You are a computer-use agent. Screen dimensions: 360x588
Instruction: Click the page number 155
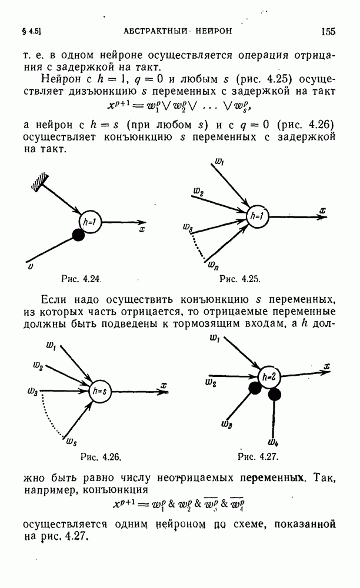(328, 32)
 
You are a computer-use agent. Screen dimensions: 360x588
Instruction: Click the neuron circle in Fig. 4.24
(91, 222)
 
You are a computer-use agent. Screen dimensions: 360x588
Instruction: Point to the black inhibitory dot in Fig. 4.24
(78, 235)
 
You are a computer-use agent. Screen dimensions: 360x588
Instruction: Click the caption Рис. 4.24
(81, 279)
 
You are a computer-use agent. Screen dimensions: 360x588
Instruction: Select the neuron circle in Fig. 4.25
(257, 216)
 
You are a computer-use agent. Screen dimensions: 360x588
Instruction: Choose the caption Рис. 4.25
(239, 279)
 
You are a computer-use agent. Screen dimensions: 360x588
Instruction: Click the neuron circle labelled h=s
(100, 392)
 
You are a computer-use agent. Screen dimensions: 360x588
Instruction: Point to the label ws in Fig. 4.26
(72, 442)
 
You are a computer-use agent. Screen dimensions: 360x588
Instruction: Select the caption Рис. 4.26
(101, 457)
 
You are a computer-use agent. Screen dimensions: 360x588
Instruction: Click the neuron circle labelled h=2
(269, 377)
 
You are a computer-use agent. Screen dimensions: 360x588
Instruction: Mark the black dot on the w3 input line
(255, 389)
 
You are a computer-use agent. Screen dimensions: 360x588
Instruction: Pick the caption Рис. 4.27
(258, 457)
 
